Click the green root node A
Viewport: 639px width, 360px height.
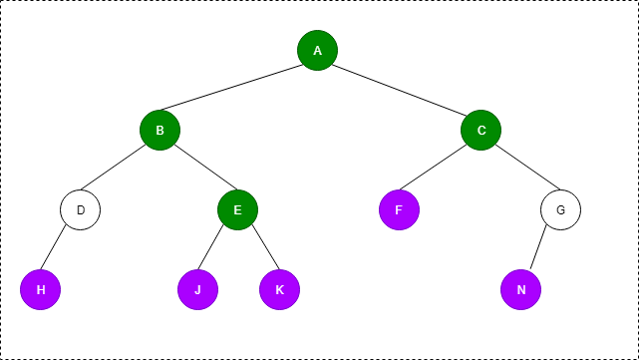click(317, 50)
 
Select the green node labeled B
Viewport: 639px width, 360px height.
click(160, 130)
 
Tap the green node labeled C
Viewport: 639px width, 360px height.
click(480, 130)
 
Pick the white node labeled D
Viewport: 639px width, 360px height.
click(80, 209)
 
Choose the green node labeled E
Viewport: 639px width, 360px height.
click(237, 209)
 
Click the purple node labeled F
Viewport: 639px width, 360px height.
click(399, 209)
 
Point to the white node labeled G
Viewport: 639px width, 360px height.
click(560, 209)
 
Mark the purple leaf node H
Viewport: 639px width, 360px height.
click(40, 289)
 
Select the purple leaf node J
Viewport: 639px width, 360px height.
click(197, 289)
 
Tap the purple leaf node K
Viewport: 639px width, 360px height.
click(279, 289)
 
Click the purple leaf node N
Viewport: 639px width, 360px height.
click(520, 289)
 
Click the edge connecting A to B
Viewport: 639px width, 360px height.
click(238, 90)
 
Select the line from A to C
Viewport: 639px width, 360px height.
click(399, 90)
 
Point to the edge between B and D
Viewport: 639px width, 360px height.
click(120, 170)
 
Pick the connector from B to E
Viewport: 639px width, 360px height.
click(198, 170)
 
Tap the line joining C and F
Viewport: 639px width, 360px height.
click(440, 170)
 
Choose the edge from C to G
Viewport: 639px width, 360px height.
click(520, 170)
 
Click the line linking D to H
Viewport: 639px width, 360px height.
click(60, 249)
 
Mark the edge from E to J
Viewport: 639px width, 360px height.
click(217, 249)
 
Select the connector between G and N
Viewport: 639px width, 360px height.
click(540, 249)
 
